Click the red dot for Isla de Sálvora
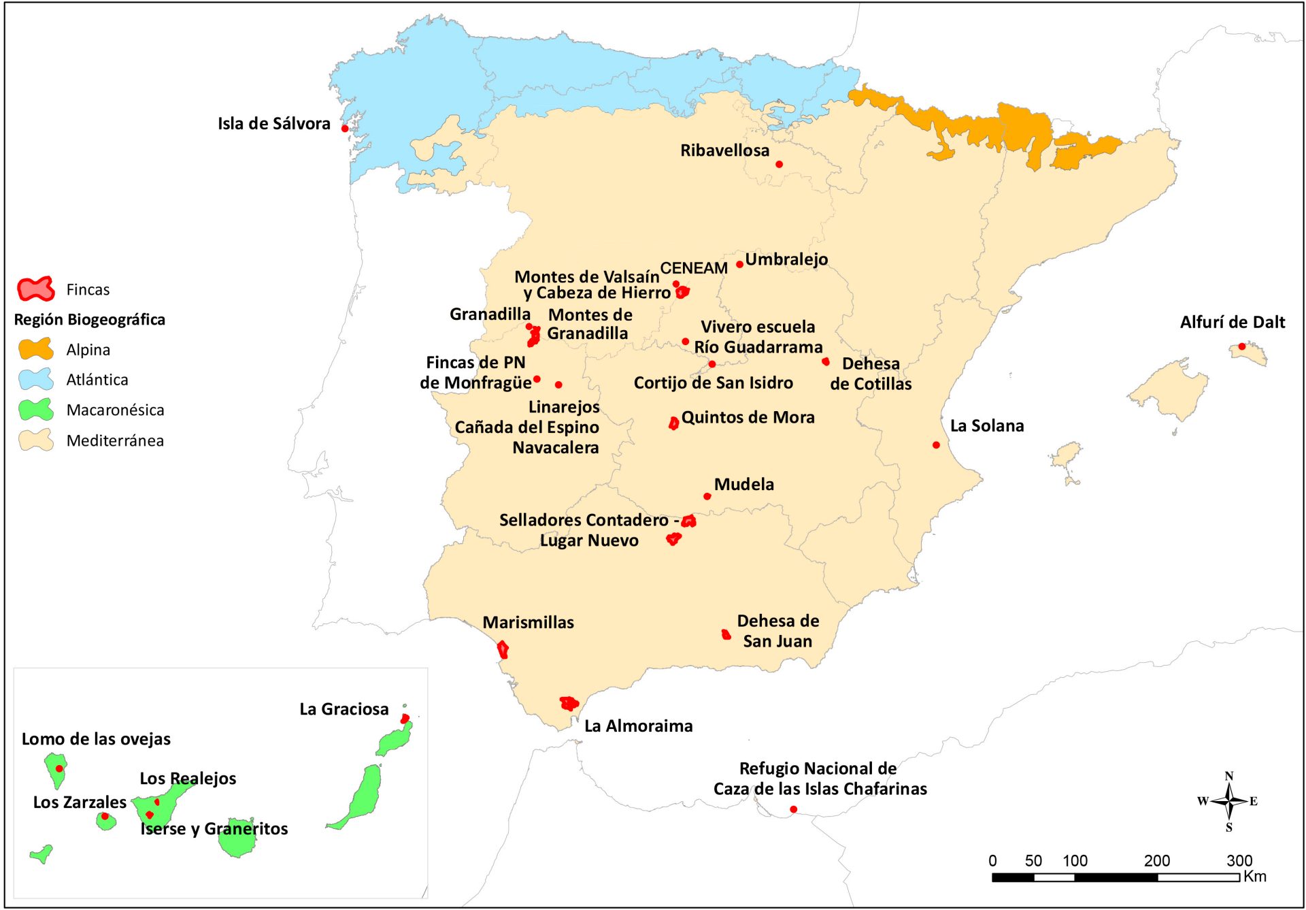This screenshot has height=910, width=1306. pyautogui.click(x=345, y=129)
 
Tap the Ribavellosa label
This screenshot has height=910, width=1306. pyautogui.click(x=724, y=150)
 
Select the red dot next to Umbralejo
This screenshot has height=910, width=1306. pyautogui.click(x=739, y=265)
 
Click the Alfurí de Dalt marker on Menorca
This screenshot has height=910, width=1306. pyautogui.click(x=1241, y=346)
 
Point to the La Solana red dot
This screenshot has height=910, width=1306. pyautogui.click(x=936, y=445)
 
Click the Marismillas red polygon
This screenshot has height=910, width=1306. pyautogui.click(x=503, y=649)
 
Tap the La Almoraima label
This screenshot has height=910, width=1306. pyautogui.click(x=638, y=726)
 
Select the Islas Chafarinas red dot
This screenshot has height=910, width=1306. pyautogui.click(x=793, y=809)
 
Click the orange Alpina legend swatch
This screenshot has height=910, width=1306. pyautogui.click(x=35, y=349)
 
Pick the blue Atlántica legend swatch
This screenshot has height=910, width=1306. pyautogui.click(x=35, y=379)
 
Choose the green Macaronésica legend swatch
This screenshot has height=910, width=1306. pyautogui.click(x=35, y=410)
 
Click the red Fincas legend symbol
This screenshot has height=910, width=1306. pyautogui.click(x=35, y=289)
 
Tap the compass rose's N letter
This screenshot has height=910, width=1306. pyautogui.click(x=1228, y=777)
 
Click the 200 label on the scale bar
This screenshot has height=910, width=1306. pyautogui.click(x=1156, y=861)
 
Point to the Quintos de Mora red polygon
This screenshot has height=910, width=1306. pyautogui.click(x=673, y=423)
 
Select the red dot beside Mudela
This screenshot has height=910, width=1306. pyautogui.click(x=707, y=496)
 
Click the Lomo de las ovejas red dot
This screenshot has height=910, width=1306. pyautogui.click(x=59, y=768)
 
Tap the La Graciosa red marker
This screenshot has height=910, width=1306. pyautogui.click(x=405, y=719)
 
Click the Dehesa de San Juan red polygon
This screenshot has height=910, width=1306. pyautogui.click(x=726, y=634)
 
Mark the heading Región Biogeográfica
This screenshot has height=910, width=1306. pyautogui.click(x=89, y=320)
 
